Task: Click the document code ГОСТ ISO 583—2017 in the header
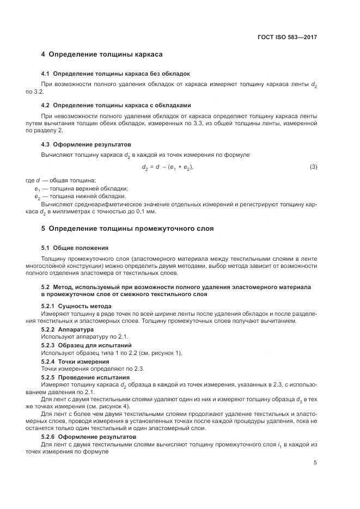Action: click(287, 38)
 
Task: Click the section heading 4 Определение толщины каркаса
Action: click(102, 55)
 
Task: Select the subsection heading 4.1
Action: click(115, 73)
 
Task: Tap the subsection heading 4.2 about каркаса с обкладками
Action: click(116, 105)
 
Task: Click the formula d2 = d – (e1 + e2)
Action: click(167, 167)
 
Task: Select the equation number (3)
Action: click(313, 167)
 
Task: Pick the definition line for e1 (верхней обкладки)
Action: click(74, 188)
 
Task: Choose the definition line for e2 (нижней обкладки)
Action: click(72, 196)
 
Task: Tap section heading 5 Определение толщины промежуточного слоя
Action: click(127, 229)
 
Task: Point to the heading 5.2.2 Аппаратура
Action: click(68, 330)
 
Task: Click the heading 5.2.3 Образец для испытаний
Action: click(86, 346)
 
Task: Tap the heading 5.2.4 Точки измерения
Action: click(75, 361)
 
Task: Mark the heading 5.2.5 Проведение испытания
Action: click(86, 377)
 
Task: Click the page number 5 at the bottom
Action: click(315, 463)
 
